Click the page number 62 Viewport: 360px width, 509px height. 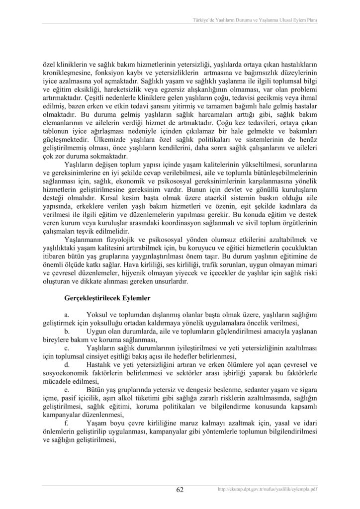point(180,490)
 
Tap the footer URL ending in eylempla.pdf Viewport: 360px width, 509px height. point(268,490)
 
